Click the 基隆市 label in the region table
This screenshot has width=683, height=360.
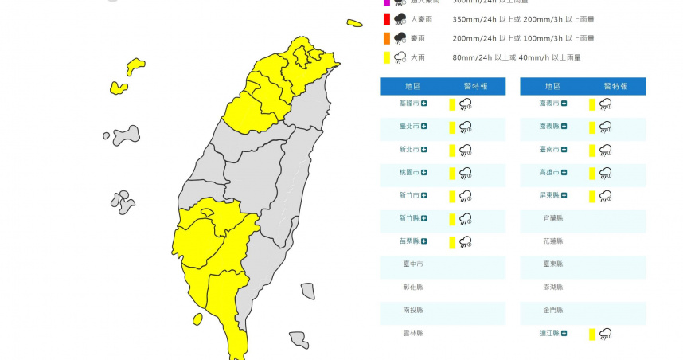[410, 104]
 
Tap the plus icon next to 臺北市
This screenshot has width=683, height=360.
[424, 126]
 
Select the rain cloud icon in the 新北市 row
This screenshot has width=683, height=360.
[465, 150]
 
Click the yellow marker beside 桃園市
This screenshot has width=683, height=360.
[452, 173]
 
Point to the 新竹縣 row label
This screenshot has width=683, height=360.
[410, 218]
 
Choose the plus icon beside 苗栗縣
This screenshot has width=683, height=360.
[424, 241]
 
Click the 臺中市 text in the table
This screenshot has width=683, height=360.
[412, 264]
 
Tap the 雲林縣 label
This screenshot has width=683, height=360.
[412, 333]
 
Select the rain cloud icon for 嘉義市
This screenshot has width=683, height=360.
[605, 104]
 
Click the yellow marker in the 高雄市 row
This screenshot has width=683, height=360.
[592, 173]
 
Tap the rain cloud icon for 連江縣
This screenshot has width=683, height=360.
[605, 334]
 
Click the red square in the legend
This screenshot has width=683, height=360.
[386, 18]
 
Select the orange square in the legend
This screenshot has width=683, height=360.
[386, 37]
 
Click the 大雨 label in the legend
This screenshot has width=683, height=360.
[417, 57]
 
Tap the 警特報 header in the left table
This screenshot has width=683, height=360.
[477, 86]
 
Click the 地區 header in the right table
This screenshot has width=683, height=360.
[553, 86]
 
